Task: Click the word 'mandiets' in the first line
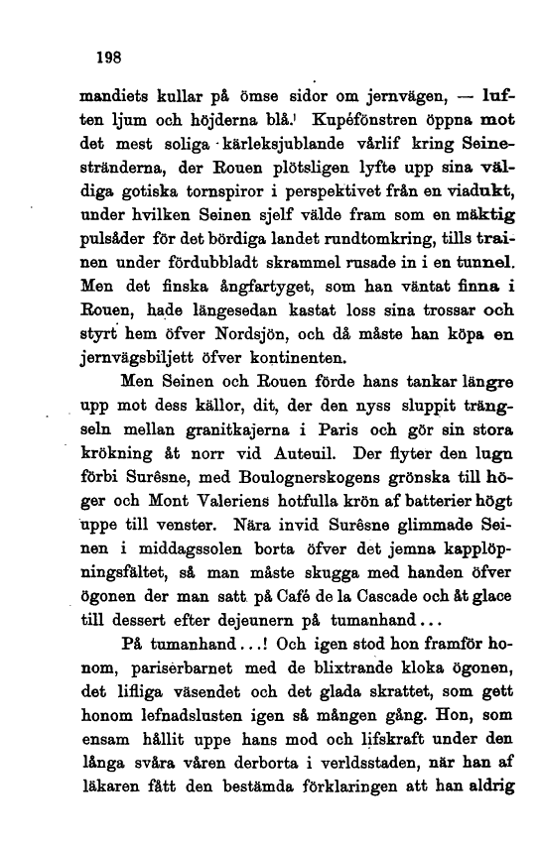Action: pyautogui.click(x=110, y=97)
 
